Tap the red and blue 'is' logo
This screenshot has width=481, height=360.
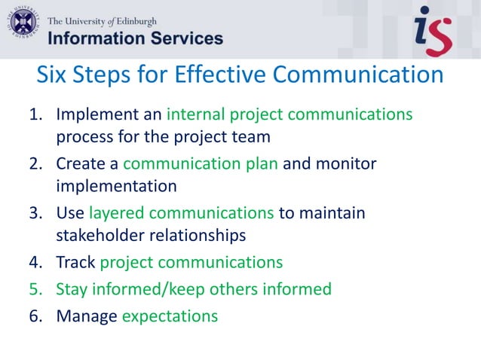tap(433, 29)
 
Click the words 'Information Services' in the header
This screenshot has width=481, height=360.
tap(136, 38)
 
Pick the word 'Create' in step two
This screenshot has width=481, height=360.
tap(80, 163)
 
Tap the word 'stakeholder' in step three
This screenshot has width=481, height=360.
tap(100, 236)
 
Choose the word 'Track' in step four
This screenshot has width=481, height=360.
tap(75, 262)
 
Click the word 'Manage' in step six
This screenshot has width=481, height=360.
tap(86, 315)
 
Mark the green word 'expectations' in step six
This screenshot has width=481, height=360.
tap(170, 316)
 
